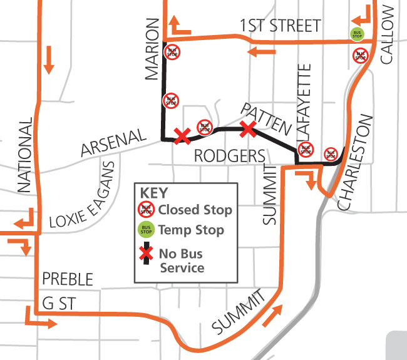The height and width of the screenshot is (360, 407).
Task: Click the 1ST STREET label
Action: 279,26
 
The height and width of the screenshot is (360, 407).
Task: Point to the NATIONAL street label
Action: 24,155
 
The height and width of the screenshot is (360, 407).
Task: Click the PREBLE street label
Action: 67,279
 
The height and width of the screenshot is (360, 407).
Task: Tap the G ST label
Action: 60,304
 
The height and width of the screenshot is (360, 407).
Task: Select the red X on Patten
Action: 249,129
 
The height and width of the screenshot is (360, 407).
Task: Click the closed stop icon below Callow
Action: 360,55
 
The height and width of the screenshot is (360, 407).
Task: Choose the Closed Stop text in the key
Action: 195,210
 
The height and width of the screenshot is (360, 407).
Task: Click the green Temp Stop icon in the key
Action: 146,230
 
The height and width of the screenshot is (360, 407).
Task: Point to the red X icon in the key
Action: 146,254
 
